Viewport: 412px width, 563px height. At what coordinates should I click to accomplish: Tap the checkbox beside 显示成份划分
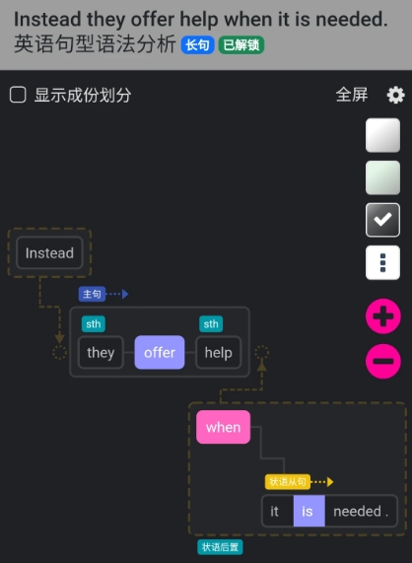coord(18,95)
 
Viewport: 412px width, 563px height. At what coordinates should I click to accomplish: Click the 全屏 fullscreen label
coord(352,95)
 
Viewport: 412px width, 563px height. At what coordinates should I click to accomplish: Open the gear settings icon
coord(395,95)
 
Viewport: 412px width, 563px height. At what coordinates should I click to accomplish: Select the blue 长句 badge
coord(197,45)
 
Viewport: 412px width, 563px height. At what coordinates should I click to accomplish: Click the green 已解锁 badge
coord(241,45)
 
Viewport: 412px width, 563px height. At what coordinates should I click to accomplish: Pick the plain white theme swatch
coord(382,135)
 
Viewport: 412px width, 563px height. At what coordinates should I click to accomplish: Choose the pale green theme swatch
coord(382,177)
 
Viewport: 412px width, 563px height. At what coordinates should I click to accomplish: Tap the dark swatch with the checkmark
coord(382,220)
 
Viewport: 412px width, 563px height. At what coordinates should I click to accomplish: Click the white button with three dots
coord(382,262)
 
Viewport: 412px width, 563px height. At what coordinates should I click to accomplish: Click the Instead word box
coord(49,252)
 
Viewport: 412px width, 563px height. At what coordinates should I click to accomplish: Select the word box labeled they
coord(101,352)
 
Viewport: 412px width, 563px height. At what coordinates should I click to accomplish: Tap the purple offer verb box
coord(160,352)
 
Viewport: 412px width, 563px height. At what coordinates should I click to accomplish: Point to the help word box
coord(218,352)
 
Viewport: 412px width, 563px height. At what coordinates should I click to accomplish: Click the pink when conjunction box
coord(223,427)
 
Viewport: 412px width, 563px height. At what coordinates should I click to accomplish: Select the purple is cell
coord(309,511)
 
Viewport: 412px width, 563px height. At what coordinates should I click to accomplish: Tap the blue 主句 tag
coord(92,294)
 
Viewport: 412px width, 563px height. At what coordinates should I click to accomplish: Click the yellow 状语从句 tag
coord(288,481)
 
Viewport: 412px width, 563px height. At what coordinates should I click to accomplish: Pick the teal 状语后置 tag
coord(220,547)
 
